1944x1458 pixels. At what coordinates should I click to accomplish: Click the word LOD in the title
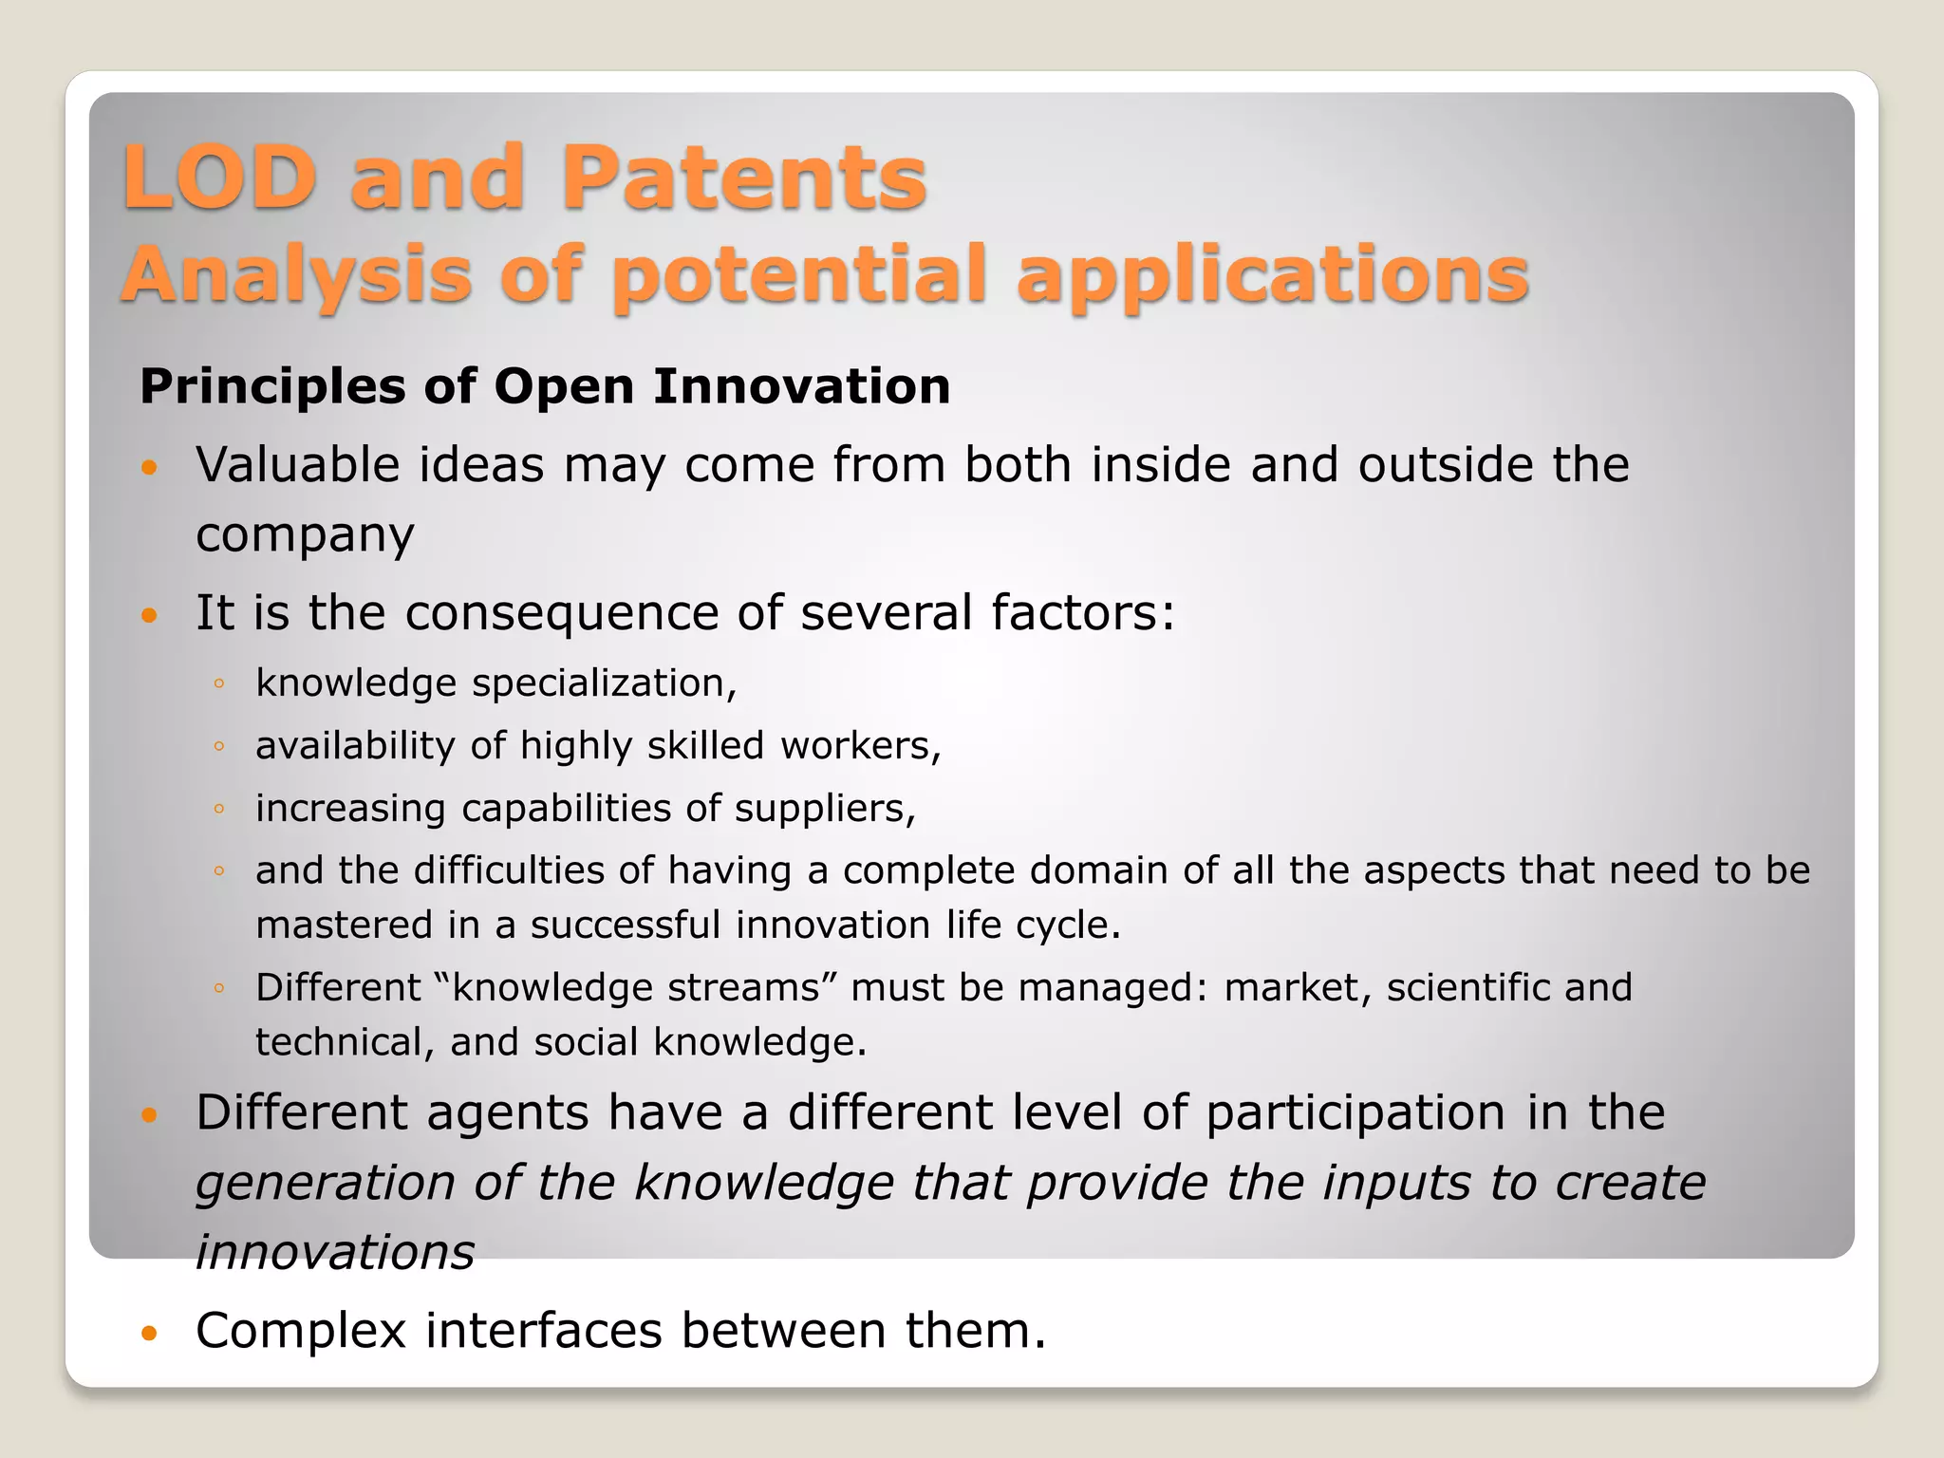(219, 178)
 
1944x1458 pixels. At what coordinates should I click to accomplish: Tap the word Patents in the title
(743, 178)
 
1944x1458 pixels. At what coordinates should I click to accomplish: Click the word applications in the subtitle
(1272, 275)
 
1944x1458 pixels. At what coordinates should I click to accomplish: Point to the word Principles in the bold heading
(272, 387)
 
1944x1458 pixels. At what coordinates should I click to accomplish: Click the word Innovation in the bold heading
(801, 387)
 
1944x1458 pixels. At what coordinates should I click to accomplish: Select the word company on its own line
(305, 535)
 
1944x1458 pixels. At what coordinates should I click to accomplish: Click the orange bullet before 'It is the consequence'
(149, 615)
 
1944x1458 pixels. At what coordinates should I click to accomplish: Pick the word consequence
(562, 612)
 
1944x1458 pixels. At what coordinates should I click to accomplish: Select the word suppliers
(824, 809)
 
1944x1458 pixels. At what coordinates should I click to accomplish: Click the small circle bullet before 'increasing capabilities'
(219, 809)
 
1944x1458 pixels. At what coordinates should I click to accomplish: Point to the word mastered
(344, 925)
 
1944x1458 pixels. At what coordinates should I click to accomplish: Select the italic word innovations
(334, 1252)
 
